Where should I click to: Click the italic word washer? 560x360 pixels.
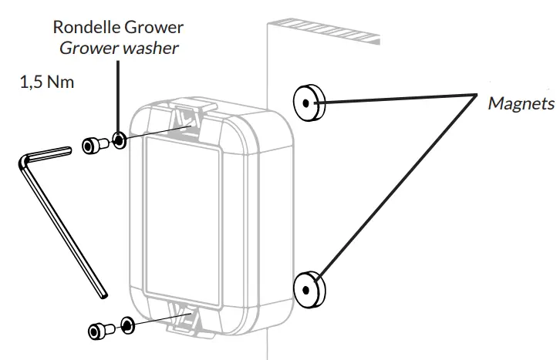(x=157, y=49)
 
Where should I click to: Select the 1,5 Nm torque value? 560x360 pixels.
(x=47, y=81)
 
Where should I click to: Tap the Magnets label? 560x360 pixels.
(x=521, y=103)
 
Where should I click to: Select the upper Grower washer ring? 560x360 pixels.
(x=119, y=140)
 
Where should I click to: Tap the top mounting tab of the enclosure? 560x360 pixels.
(x=190, y=116)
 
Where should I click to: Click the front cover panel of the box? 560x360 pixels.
(x=190, y=216)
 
